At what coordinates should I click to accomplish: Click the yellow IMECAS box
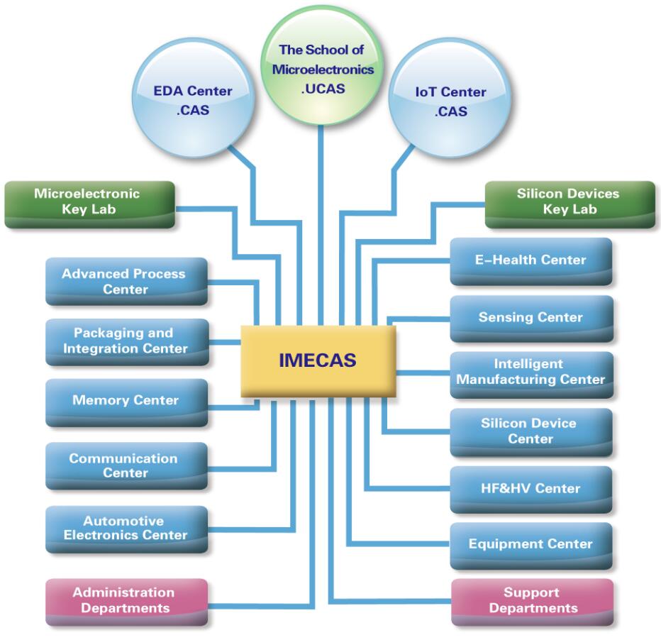(318, 360)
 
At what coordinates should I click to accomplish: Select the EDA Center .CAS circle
(193, 99)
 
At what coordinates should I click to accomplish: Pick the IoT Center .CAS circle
(450, 99)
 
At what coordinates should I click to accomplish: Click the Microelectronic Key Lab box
(89, 203)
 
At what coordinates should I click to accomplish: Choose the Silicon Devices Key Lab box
(570, 203)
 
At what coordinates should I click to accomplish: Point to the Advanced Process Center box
(126, 282)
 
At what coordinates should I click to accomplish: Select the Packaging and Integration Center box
(126, 341)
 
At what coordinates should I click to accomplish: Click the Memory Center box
(126, 402)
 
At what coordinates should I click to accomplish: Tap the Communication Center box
(126, 465)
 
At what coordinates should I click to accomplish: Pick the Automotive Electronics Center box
(126, 529)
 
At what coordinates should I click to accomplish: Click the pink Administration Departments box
(126, 601)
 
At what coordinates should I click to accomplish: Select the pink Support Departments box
(532, 601)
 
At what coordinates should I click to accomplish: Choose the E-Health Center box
(531, 260)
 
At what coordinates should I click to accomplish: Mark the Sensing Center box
(531, 318)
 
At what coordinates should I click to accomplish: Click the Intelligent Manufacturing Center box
(531, 373)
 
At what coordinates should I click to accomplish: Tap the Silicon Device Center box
(531, 431)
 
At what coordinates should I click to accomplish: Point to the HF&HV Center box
(531, 489)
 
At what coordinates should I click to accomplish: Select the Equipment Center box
(531, 545)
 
